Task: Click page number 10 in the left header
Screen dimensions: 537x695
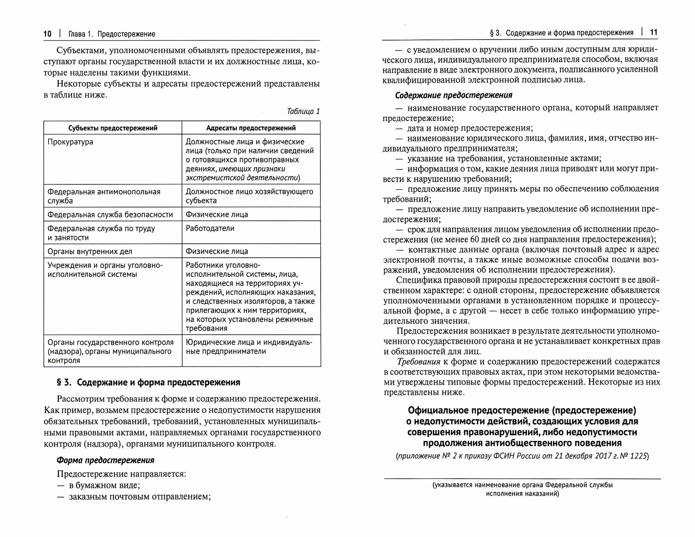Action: point(47,34)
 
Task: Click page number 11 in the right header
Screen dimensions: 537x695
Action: point(654,33)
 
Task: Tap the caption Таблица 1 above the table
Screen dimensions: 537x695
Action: point(303,111)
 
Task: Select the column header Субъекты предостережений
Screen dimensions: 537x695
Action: point(113,128)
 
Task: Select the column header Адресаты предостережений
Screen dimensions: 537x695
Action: point(251,128)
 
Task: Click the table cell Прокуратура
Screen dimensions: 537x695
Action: point(71,142)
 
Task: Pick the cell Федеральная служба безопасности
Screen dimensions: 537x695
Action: point(110,215)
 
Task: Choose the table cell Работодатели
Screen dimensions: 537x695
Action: point(210,229)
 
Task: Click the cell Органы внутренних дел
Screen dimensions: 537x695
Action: point(90,251)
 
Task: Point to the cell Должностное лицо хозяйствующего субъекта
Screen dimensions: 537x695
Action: point(249,196)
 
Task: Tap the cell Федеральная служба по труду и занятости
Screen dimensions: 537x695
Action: point(101,233)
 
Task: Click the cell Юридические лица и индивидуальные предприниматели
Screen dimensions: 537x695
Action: point(249,347)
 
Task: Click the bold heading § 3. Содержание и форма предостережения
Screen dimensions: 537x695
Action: point(148,383)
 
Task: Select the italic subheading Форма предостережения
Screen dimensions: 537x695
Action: point(105,460)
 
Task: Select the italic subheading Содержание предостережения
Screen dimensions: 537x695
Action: point(454,95)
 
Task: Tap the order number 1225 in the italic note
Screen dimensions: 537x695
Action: point(639,456)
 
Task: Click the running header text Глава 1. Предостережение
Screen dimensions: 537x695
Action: point(112,34)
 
